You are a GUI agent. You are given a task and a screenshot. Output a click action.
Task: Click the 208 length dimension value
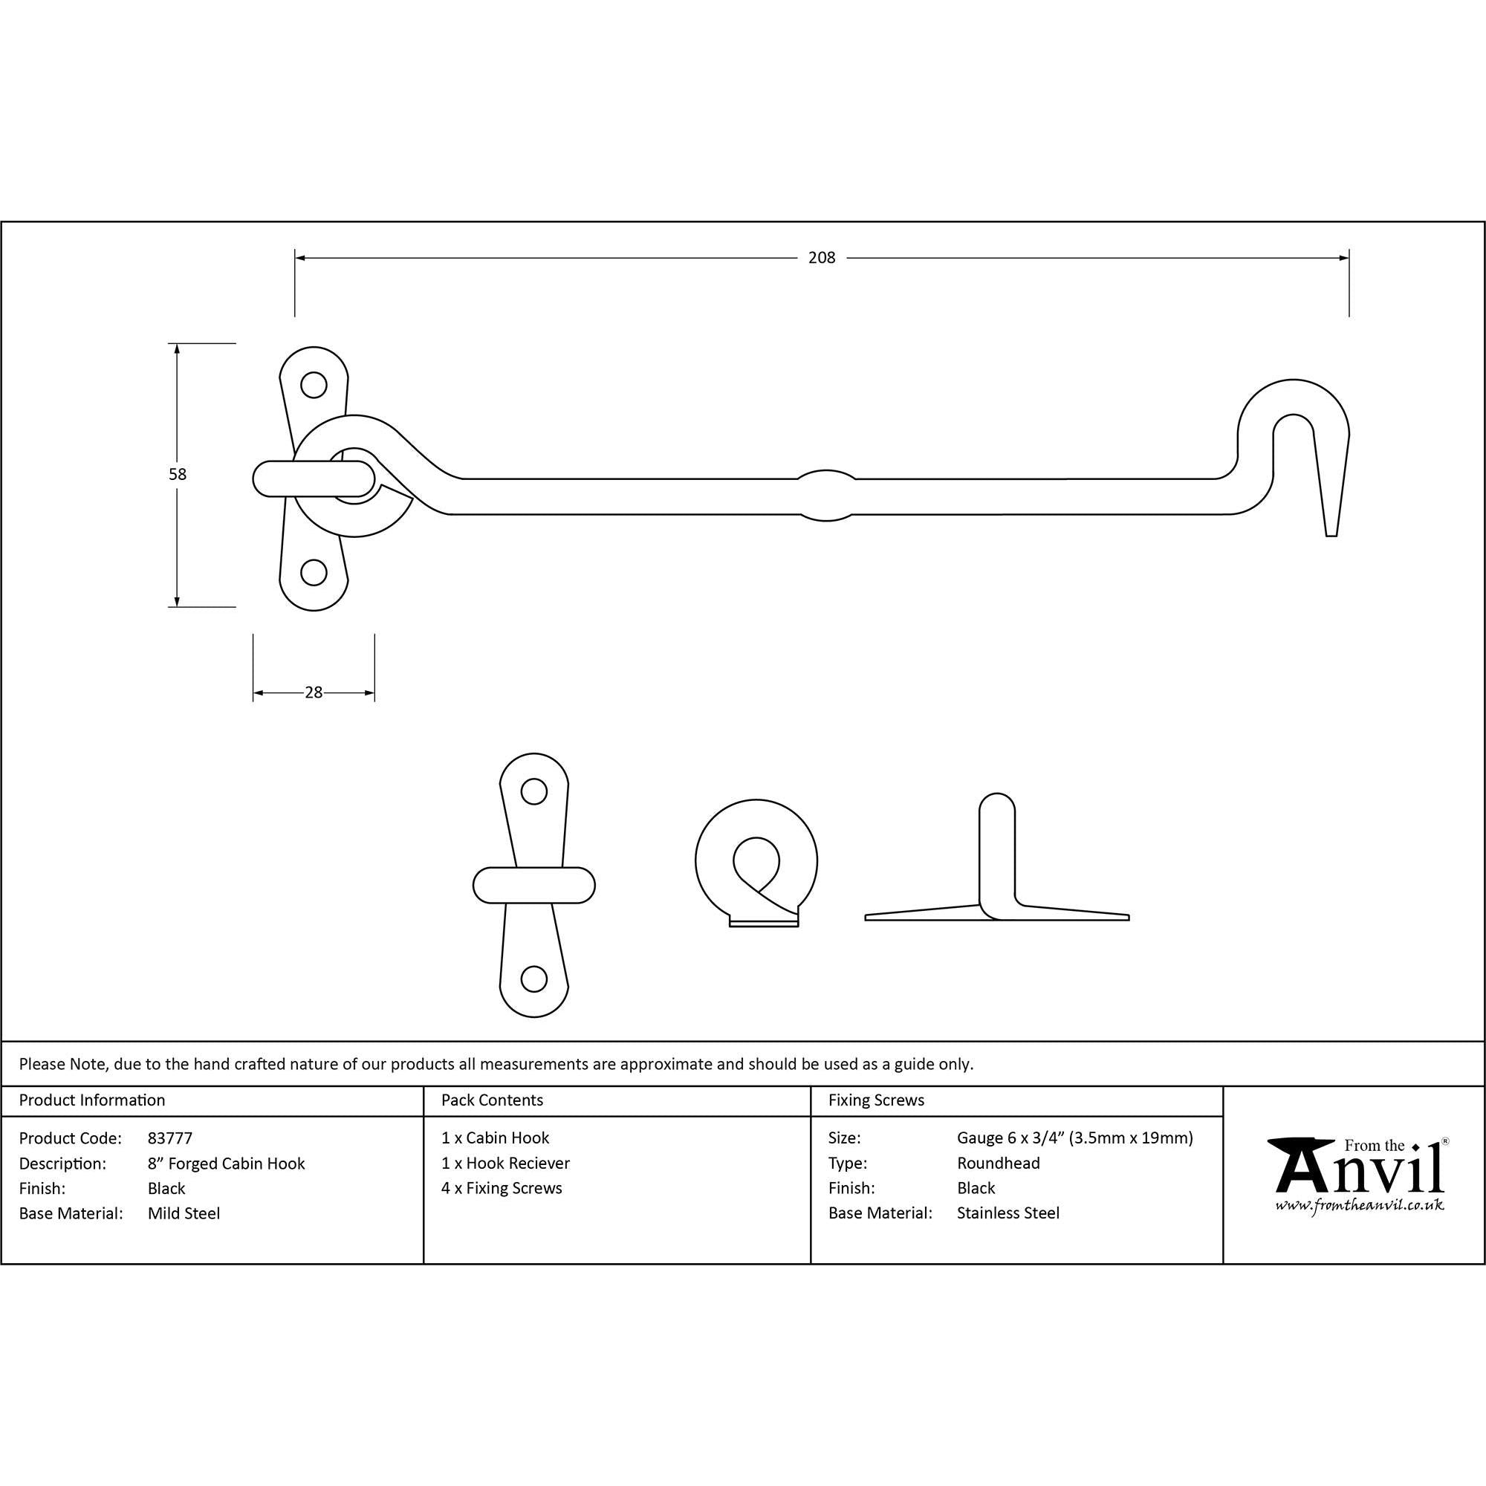point(822,259)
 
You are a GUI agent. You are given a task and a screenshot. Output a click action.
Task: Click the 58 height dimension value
point(178,475)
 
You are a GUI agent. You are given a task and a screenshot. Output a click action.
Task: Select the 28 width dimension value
point(314,693)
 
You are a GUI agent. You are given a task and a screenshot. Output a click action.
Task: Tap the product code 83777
point(170,1138)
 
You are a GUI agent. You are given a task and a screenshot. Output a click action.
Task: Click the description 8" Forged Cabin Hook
point(226,1164)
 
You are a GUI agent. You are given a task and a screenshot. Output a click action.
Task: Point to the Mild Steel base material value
point(184,1214)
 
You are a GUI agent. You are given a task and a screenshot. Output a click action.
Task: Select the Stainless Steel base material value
point(1008,1213)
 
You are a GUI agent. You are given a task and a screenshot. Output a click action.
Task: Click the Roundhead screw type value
point(998,1163)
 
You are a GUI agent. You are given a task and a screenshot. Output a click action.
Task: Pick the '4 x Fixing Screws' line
point(502,1188)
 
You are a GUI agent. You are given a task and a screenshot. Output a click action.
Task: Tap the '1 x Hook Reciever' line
point(505,1163)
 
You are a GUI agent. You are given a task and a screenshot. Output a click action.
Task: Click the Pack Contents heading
point(493,1100)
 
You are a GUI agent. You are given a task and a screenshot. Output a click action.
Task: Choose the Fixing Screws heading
point(876,1100)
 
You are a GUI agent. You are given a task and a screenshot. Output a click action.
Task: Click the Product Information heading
point(92,1100)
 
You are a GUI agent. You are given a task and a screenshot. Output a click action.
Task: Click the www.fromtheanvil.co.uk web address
point(1359,1206)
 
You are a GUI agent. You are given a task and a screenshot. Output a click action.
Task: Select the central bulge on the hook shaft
point(826,496)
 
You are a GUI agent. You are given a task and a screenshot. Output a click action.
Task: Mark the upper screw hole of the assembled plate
point(313,385)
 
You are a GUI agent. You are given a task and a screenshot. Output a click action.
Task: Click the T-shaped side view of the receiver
point(997,876)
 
